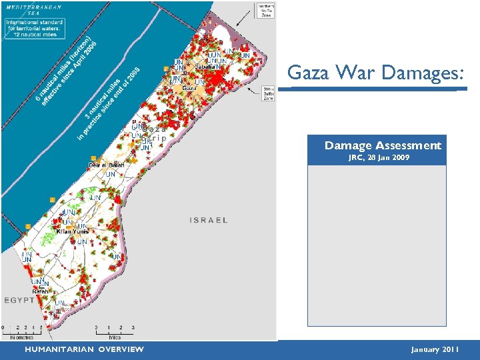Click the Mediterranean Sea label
(x=34, y=9)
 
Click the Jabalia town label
(x=206, y=67)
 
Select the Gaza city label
(x=189, y=88)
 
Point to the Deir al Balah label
(x=107, y=165)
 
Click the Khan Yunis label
(x=73, y=231)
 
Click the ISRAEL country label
(x=208, y=220)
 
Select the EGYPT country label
(x=19, y=301)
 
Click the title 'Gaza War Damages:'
(x=375, y=73)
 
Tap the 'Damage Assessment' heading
(x=383, y=145)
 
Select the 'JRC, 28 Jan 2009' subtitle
(x=379, y=158)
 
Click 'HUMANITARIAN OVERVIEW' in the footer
(x=84, y=349)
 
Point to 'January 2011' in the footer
(x=435, y=349)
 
